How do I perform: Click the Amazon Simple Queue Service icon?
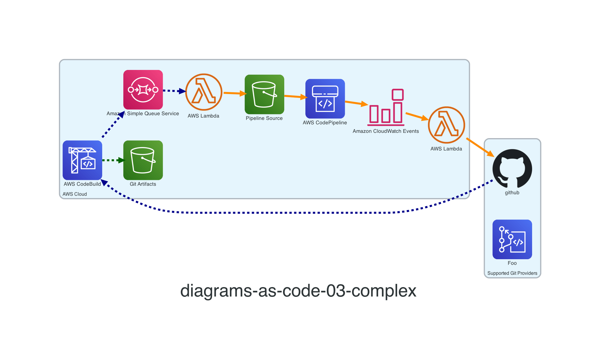[143, 90]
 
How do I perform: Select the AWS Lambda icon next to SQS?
[204, 92]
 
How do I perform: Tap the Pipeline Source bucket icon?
[264, 94]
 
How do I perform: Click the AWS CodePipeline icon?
[325, 99]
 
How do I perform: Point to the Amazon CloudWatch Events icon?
[386, 107]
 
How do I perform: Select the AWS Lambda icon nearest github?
[446, 125]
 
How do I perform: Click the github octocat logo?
[512, 168]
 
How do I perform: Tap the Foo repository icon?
[512, 239]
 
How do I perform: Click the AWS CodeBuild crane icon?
[82, 160]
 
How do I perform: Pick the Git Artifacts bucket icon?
[143, 160]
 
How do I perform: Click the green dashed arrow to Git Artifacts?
[113, 160]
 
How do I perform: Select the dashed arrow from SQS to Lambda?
[174, 91]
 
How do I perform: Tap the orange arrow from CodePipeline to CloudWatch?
[356, 103]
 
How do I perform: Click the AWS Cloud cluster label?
[75, 194]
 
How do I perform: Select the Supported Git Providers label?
[512, 273]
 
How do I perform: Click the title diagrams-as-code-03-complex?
[298, 291]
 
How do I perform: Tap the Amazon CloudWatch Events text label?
[386, 131]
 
